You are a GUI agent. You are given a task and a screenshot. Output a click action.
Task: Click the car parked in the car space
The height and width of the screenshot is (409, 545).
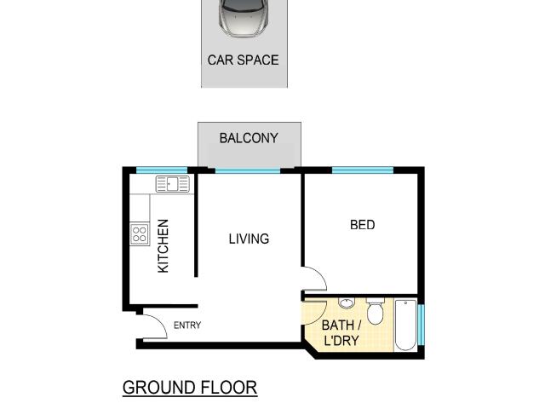[244, 17]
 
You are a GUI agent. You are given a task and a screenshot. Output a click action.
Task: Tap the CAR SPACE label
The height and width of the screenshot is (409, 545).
[244, 60]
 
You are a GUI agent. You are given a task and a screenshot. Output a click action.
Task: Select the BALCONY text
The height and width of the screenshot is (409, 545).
[249, 137]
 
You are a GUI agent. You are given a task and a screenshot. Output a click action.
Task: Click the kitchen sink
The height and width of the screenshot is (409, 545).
[174, 184]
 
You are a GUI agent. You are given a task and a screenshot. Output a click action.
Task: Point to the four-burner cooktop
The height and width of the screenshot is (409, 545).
[140, 234]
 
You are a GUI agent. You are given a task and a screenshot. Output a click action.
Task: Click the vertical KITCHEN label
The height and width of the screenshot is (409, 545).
[163, 246]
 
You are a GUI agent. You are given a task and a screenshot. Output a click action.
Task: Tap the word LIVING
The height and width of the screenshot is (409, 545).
[249, 239]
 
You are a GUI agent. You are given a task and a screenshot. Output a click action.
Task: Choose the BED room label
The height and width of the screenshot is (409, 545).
[362, 226]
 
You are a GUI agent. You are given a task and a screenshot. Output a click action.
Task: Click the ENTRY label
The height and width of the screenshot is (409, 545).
[187, 325]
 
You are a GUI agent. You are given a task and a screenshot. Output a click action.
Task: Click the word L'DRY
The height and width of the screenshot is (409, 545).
[341, 341]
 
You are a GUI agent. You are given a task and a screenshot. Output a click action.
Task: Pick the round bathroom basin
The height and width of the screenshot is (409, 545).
[347, 303]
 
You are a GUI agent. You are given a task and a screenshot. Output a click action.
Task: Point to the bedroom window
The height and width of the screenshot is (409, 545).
[362, 170]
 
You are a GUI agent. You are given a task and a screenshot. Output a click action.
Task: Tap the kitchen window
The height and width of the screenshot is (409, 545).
[161, 170]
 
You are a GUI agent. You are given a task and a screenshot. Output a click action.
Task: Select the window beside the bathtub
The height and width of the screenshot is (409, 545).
[421, 324]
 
